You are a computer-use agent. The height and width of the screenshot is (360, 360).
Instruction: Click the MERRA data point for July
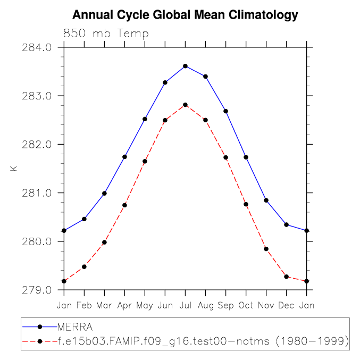click(185, 66)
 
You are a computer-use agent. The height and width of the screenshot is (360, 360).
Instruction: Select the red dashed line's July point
click(185, 105)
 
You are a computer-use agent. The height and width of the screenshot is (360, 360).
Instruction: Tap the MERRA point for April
click(124, 157)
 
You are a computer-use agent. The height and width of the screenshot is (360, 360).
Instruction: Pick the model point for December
click(286, 277)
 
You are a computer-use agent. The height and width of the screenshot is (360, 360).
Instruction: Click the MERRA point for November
click(266, 200)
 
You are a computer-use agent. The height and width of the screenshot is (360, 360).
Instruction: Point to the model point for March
click(104, 242)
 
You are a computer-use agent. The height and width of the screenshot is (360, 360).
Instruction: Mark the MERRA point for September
click(225, 111)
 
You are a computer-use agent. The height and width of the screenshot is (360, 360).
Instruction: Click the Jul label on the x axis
click(185, 305)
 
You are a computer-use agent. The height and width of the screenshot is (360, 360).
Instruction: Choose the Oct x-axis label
click(246, 305)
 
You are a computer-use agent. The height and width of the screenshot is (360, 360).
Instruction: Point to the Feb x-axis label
click(84, 305)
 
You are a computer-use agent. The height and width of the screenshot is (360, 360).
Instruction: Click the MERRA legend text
click(75, 326)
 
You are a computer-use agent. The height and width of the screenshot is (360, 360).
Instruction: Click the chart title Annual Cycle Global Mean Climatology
click(185, 15)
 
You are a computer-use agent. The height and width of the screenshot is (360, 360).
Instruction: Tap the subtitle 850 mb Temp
click(106, 34)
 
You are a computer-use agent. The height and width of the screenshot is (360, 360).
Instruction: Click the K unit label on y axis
click(14, 169)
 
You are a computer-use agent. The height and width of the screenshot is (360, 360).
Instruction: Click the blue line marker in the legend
click(39, 326)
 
